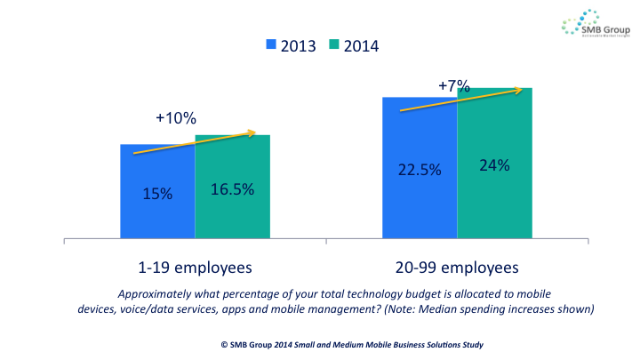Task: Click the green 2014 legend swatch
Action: [x=336, y=44]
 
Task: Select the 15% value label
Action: [x=157, y=192]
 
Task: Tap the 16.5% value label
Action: [x=232, y=188]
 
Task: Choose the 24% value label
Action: [x=494, y=165]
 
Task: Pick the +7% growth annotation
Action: [x=455, y=86]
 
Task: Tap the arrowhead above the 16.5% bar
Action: [x=253, y=134]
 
